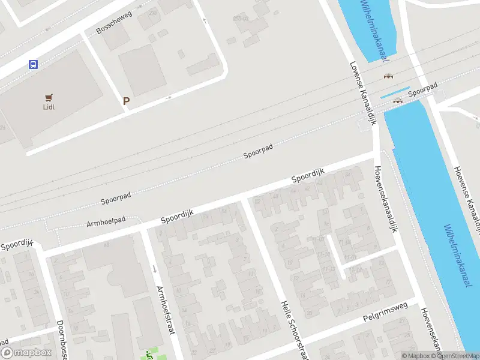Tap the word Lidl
pos(49,107)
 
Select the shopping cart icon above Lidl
pos(49,97)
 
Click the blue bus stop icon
pos(33,64)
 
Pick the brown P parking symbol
pos(126,101)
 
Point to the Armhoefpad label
pos(106,222)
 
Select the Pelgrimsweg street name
pos(385,313)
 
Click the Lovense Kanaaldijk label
pos(363,93)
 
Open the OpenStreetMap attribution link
pos(458,356)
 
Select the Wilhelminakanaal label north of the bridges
pos(374,30)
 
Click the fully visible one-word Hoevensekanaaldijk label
pos(387,200)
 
